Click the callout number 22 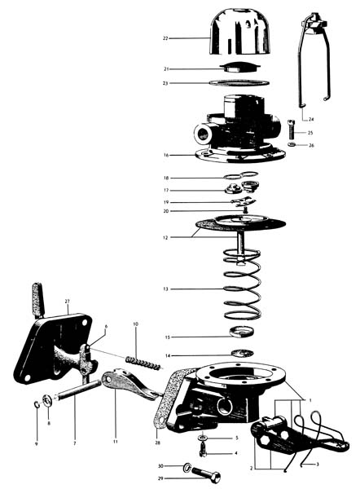point(165,38)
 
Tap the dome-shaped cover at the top point(240,32)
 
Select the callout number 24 point(311,119)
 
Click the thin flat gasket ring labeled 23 point(239,82)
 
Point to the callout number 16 point(166,155)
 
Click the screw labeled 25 point(292,130)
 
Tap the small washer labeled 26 point(292,145)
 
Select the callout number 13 point(165,289)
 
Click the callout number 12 point(165,238)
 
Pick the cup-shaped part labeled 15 point(242,332)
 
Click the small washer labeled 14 point(243,354)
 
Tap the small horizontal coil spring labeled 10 point(144,363)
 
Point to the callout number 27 point(68,302)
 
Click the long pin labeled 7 point(78,390)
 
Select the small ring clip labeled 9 point(37,405)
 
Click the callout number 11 point(116,442)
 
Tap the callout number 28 point(158,443)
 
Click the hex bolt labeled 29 point(206,475)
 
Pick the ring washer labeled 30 point(187,467)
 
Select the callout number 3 point(318,465)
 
